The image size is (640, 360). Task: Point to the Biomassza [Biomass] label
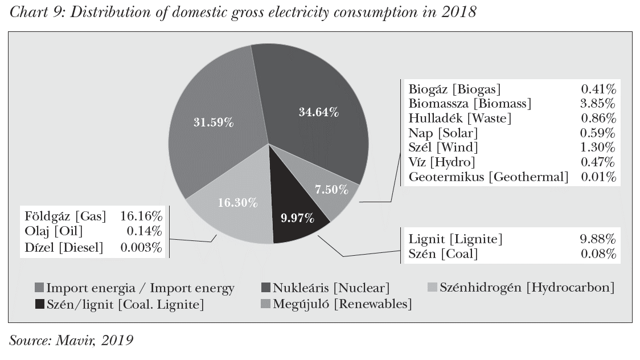(470, 104)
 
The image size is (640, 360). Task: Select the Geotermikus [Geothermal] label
(489, 177)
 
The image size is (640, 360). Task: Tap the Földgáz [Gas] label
(65, 216)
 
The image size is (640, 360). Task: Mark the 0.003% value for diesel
(141, 247)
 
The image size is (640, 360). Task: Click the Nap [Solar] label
(443, 133)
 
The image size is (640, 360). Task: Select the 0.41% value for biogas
(598, 89)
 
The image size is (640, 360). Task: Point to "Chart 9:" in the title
(34, 13)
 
